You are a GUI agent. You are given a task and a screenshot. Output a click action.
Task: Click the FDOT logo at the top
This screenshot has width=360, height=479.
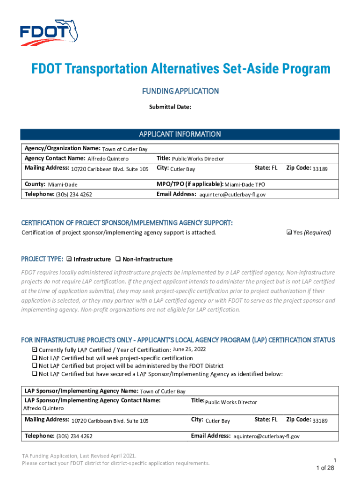pos(49,32)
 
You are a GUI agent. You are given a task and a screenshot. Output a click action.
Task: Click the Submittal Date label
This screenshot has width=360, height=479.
pos(170,107)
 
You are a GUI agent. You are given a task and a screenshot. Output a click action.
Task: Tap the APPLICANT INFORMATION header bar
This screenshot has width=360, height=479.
pos(180,134)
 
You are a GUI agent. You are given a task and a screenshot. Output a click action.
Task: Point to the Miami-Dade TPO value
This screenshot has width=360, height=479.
pos(248,184)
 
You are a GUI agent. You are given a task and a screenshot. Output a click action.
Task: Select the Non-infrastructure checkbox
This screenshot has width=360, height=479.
pos(117,259)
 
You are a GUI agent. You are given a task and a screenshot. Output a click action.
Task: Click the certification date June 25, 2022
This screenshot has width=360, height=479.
pos(189,349)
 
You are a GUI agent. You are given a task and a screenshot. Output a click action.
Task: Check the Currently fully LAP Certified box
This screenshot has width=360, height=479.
pos(34,350)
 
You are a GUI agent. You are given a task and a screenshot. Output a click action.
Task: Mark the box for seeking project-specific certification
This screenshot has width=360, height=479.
pos(34,358)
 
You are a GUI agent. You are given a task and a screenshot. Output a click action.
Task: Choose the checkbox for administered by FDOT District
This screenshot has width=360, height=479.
pos(34,366)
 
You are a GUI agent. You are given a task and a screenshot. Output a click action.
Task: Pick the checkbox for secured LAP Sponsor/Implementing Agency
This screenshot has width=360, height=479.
pos(34,374)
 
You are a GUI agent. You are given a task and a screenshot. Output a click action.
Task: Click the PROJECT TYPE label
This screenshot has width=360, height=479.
pos(42,259)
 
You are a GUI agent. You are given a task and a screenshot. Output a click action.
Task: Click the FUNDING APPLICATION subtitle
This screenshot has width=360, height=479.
pos(180,91)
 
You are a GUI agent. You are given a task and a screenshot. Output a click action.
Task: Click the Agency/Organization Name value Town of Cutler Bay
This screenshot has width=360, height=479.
pos(125,149)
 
